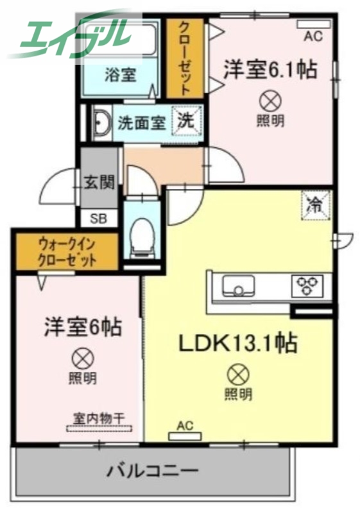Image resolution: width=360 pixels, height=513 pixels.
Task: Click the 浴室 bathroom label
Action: (120, 74)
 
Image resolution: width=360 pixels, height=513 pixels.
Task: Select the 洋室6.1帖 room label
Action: (270, 69)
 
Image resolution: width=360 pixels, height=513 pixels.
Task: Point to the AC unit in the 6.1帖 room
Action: (313, 26)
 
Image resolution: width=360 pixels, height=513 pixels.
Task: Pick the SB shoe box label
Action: (98, 218)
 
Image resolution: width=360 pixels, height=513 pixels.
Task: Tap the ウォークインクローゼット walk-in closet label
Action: (67, 252)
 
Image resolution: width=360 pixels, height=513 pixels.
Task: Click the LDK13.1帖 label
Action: (237, 344)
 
